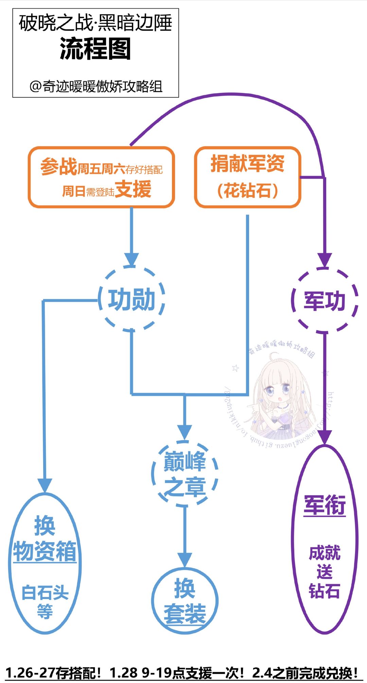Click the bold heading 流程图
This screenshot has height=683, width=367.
pyautogui.click(x=95, y=49)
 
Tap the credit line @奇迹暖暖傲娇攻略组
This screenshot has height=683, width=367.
pyautogui.click(x=95, y=86)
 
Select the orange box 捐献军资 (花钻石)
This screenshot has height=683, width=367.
pyautogui.click(x=247, y=177)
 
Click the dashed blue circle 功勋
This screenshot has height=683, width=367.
pyautogui.click(x=132, y=299)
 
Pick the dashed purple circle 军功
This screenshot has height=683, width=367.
pyautogui.click(x=325, y=301)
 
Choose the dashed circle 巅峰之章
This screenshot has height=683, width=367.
pyautogui.click(x=185, y=473)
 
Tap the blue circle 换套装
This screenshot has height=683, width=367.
pyautogui.click(x=185, y=601)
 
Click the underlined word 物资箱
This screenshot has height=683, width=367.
pyautogui.click(x=45, y=551)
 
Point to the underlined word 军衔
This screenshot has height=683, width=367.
pyautogui.click(x=325, y=505)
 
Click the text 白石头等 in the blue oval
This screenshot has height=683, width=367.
pyautogui.click(x=45, y=601)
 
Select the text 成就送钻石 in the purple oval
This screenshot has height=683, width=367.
pyautogui.click(x=325, y=572)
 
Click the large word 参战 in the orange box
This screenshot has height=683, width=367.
pyautogui.click(x=59, y=167)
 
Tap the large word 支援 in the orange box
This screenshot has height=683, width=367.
pyautogui.click(x=133, y=189)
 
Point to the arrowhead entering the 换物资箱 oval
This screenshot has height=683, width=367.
pyautogui.click(x=45, y=485)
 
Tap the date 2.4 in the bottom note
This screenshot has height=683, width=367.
pyautogui.click(x=262, y=672)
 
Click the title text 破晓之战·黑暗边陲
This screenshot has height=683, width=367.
pyautogui.click(x=95, y=23)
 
